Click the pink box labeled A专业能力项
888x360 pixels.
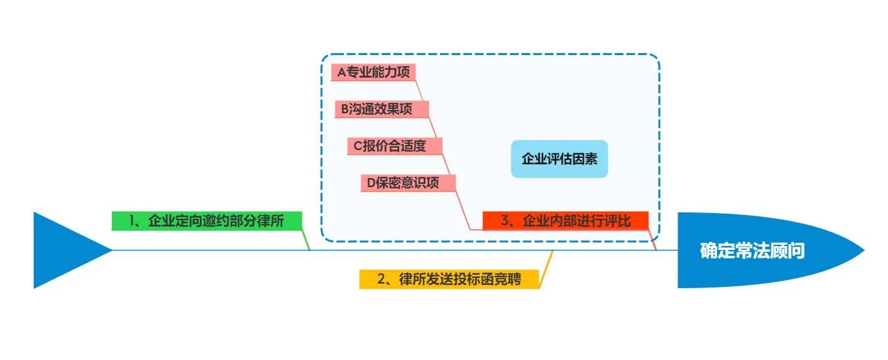(x=373, y=72)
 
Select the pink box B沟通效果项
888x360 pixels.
(x=382, y=109)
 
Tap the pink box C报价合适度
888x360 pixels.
(x=395, y=146)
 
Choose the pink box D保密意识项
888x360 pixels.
(x=408, y=183)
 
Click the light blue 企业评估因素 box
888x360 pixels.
(x=559, y=159)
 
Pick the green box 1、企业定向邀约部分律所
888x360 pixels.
(x=207, y=221)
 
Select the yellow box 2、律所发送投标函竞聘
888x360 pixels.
(x=449, y=279)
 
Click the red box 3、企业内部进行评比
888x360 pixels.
(x=566, y=221)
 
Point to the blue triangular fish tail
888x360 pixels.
(x=65, y=250)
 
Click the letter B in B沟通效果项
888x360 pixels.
(x=345, y=109)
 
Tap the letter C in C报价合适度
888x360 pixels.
(x=358, y=146)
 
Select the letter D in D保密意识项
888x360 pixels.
(x=372, y=183)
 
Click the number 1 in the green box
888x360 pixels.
(x=132, y=221)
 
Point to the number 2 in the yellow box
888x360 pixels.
(x=382, y=279)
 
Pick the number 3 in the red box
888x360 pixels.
(x=505, y=221)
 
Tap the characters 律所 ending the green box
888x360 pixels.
(x=284, y=221)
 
